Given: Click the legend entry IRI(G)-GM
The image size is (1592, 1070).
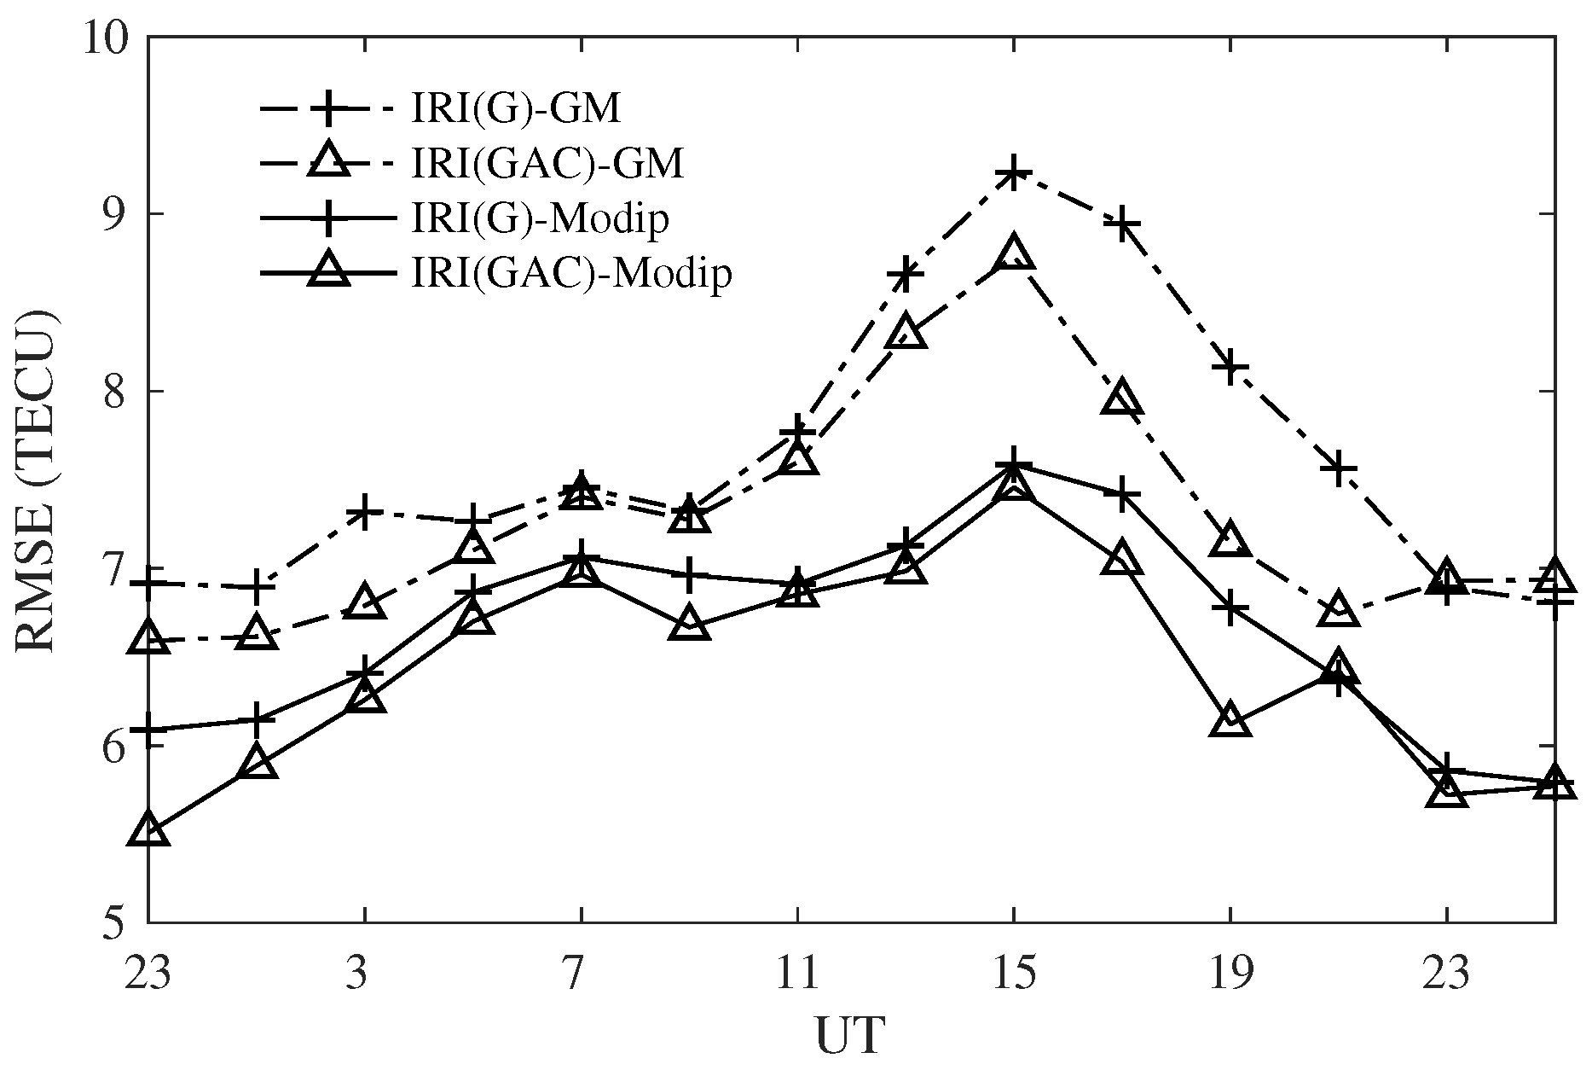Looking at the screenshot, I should click(x=515, y=108).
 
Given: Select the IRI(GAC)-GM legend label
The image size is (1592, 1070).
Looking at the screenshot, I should click(x=547, y=163).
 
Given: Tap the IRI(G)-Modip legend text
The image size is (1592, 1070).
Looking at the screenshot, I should click(x=539, y=219).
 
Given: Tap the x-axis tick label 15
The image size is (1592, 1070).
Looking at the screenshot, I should click(x=1013, y=973).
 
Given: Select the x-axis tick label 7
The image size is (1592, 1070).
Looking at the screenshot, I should click(x=581, y=973).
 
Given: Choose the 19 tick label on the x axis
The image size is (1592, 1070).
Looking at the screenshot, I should click(x=1230, y=973).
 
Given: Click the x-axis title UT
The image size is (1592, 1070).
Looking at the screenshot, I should click(x=850, y=1035).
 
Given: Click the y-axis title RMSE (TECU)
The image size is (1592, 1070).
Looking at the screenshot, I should click(x=36, y=481).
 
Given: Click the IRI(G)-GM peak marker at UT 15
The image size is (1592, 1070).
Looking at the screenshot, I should click(x=1013, y=173).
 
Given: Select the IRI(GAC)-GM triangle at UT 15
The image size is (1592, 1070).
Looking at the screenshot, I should click(x=1013, y=254).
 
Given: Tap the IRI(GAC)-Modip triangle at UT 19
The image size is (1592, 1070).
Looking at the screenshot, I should click(x=1230, y=722).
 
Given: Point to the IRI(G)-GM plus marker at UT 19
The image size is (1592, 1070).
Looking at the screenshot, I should click(x=1230, y=367).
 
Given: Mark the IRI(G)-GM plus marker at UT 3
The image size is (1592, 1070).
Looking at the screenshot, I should click(x=365, y=512).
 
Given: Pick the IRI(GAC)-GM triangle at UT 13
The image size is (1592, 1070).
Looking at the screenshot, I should click(x=906, y=334).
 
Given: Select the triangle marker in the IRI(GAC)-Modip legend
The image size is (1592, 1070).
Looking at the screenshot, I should click(x=329, y=274).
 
